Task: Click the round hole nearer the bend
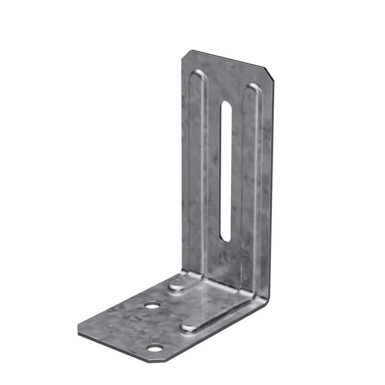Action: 153,305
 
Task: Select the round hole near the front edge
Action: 154,347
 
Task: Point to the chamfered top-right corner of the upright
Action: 269,75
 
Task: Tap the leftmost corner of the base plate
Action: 78,331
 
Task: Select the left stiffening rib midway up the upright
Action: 196,173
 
